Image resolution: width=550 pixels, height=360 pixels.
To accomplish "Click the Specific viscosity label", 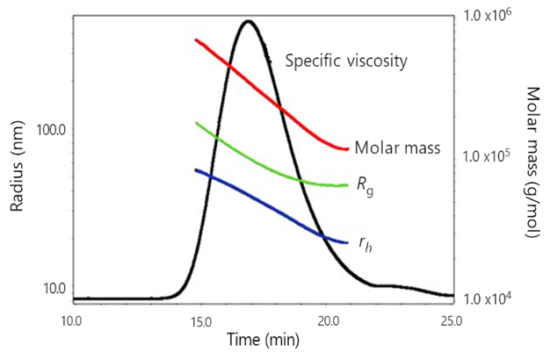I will (346, 61).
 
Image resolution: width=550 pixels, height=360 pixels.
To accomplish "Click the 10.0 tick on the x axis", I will (72, 319).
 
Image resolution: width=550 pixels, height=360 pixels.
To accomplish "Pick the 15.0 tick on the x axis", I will (200, 319).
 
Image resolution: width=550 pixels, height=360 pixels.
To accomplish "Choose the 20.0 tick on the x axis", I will (328, 319).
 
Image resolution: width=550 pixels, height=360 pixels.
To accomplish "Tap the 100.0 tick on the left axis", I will (48, 129).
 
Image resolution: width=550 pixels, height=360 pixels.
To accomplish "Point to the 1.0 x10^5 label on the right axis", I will (488, 156).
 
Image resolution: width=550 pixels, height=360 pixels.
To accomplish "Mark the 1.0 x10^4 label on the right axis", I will (488, 298).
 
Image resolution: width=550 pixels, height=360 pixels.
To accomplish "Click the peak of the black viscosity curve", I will (249, 21).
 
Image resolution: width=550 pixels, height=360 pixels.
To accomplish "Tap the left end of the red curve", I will (195, 40).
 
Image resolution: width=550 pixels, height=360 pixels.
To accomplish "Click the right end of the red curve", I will (348, 149).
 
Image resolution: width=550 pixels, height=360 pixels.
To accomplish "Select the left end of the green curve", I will (195, 123).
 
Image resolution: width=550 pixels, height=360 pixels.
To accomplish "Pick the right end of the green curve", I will (348, 185).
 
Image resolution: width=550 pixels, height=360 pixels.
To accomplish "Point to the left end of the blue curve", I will (195, 169).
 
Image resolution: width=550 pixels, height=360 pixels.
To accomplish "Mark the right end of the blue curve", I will (348, 242).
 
